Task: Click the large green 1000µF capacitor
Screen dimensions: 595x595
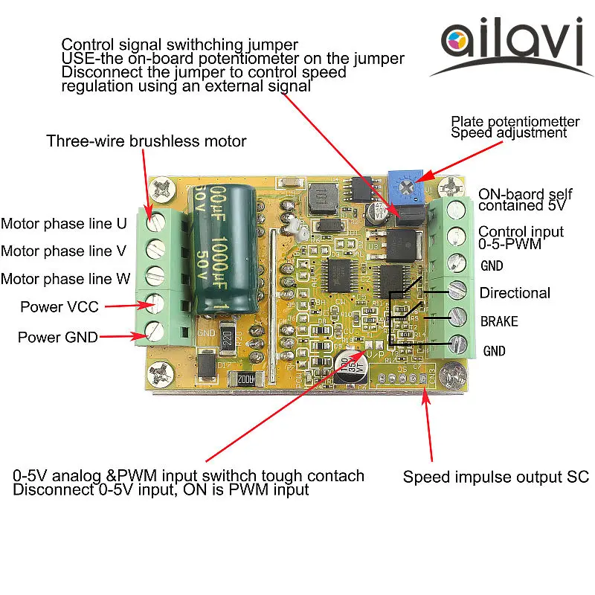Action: [226, 249]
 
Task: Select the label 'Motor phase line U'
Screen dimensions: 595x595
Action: [64, 223]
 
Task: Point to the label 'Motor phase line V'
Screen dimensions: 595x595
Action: [64, 251]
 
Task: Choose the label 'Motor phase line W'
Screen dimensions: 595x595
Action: [65, 279]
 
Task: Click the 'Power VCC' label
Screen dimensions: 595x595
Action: [59, 306]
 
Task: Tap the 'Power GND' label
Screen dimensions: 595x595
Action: [57, 337]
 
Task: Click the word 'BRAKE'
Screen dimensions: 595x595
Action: [498, 322]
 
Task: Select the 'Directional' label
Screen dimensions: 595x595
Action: [515, 293]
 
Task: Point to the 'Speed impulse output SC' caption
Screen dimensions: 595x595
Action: [496, 477]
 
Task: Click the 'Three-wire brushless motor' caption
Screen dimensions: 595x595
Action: [146, 141]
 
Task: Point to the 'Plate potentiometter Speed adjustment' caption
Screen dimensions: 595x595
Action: [515, 126]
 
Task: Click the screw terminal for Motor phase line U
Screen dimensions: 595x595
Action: [155, 222]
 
